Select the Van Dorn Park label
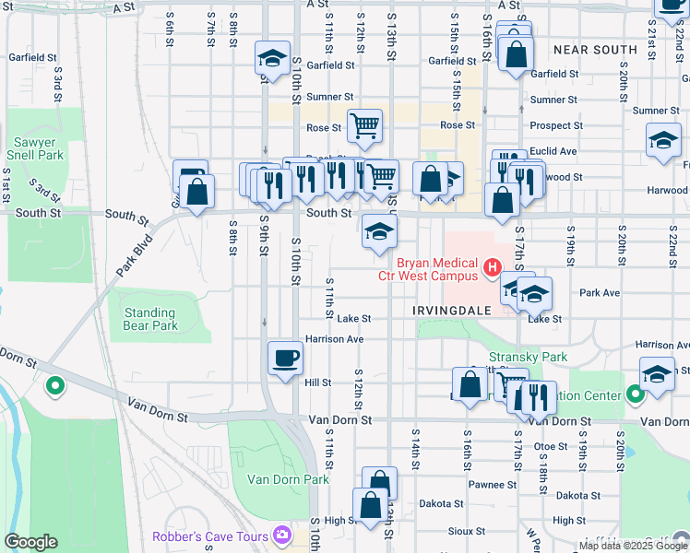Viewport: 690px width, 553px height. (x=288, y=479)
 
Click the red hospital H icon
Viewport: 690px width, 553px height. (x=493, y=267)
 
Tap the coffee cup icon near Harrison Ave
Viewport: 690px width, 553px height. (x=285, y=357)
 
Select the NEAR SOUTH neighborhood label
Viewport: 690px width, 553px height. (x=595, y=49)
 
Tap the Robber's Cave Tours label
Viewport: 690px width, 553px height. (x=210, y=536)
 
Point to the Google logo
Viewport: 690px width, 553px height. (x=30, y=542)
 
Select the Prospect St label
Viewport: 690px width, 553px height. (x=556, y=125)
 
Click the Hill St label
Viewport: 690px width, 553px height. (x=317, y=382)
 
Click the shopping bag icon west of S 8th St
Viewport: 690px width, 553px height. (x=198, y=194)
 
